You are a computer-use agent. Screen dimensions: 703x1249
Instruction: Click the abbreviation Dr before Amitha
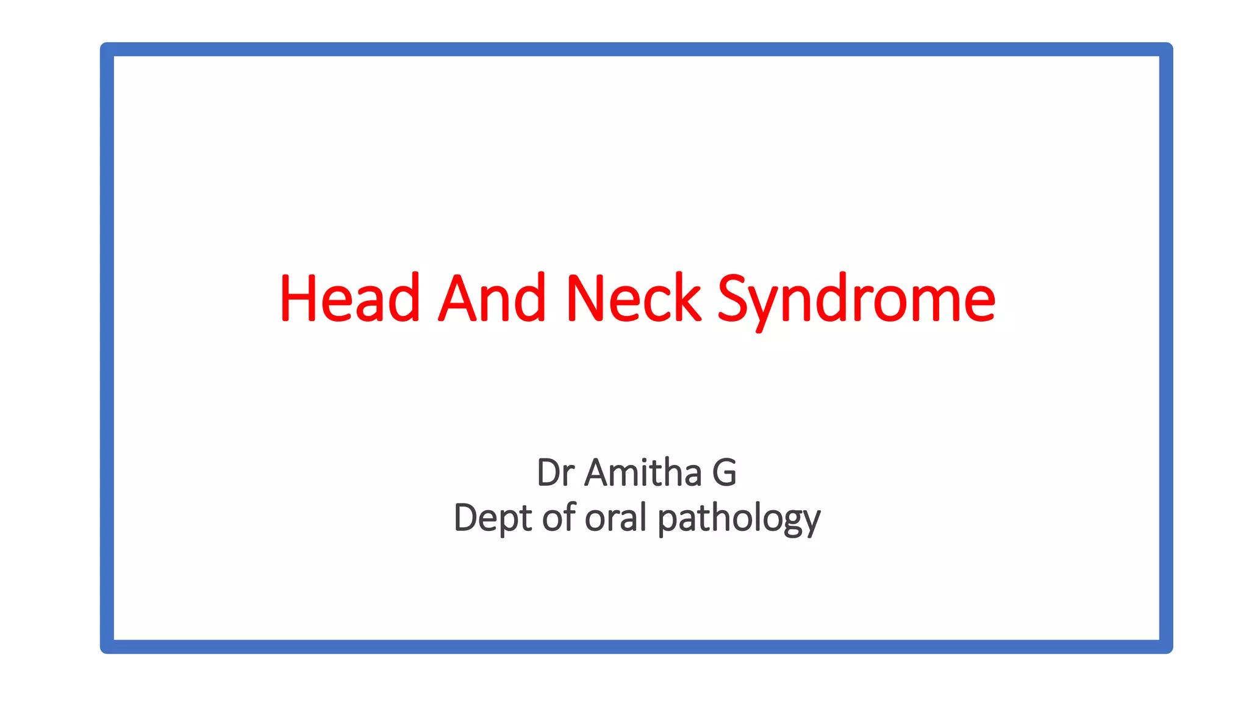556,473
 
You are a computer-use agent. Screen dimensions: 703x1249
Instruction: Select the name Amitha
643,473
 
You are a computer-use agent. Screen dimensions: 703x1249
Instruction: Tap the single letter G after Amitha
725,473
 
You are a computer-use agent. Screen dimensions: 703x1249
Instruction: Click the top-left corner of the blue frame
107,49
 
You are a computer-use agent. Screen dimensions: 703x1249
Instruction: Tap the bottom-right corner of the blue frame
1165,646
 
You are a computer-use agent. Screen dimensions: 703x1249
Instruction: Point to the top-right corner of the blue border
1165,49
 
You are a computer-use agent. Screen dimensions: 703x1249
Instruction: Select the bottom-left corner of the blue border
107,646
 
